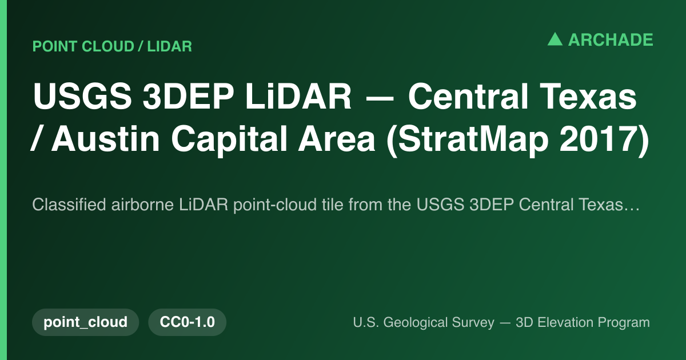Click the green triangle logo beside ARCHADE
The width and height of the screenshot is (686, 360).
click(x=555, y=39)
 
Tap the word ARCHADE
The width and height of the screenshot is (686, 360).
click(x=611, y=40)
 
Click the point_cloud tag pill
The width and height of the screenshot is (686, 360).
click(x=85, y=322)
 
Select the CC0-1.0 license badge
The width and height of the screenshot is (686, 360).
click(x=187, y=322)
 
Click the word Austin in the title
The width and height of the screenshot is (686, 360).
click(x=105, y=139)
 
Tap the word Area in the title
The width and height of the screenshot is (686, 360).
click(x=337, y=139)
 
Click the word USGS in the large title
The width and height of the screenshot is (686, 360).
click(x=82, y=96)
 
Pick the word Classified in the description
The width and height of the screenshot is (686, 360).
click(x=69, y=205)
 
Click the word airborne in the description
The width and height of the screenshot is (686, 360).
click(x=142, y=205)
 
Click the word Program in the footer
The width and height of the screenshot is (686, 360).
click(x=624, y=323)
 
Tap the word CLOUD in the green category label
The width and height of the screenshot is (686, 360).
click(x=108, y=46)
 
